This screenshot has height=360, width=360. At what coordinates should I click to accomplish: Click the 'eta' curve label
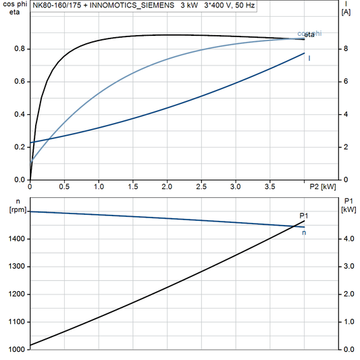310,34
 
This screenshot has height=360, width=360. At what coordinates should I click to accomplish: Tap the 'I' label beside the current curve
309,58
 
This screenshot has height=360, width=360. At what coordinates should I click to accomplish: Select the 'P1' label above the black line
304,215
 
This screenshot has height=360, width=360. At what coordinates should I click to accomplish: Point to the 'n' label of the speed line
304,233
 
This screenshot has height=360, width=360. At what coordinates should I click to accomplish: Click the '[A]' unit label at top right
346,12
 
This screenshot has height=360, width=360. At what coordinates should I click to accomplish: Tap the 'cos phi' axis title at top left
15,4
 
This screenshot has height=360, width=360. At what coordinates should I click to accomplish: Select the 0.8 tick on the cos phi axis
20,49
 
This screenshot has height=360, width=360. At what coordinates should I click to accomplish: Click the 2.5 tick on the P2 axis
202,186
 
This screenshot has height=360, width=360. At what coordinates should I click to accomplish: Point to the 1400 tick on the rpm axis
17,239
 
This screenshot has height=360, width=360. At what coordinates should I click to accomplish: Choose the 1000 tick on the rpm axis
17,349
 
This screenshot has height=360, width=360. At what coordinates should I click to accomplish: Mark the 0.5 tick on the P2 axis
65,186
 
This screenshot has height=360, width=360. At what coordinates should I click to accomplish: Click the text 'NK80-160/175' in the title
57,5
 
